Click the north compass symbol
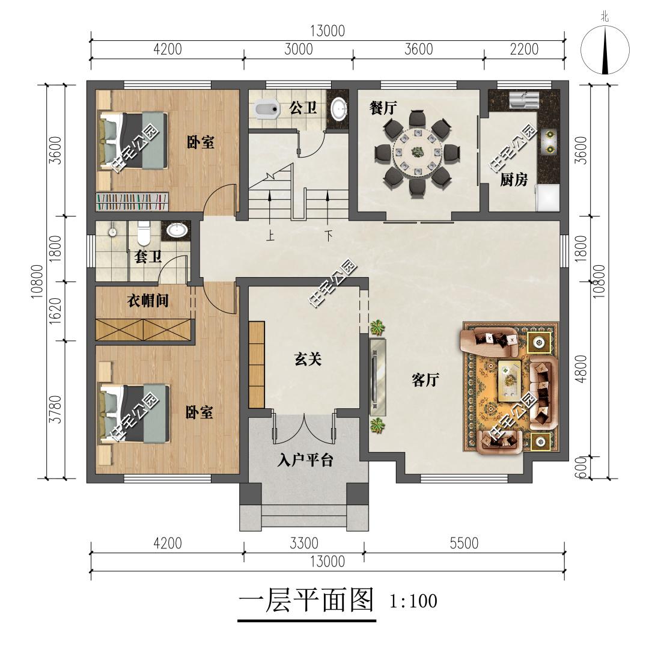[605, 50]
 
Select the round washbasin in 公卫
[339, 109]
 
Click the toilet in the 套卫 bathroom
[143, 234]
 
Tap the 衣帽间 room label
[148, 300]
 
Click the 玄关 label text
[308, 359]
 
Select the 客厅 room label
[425, 379]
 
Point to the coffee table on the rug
[510, 381]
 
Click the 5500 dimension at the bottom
[464, 543]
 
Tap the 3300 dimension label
[304, 543]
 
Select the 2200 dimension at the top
[524, 49]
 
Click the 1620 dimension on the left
[55, 311]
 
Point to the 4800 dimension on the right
[582, 369]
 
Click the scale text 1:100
[413, 601]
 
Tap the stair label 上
[270, 236]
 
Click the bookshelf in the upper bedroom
[132, 201]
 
